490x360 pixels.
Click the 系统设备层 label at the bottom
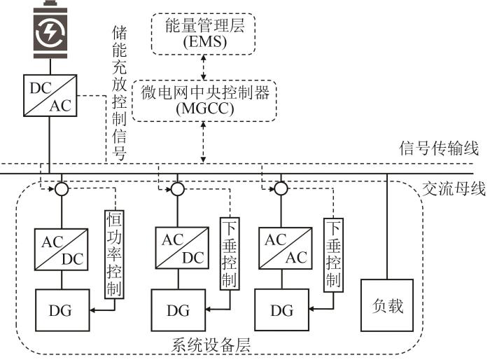(211, 345)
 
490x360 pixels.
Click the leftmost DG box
(62, 309)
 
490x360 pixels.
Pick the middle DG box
(178, 309)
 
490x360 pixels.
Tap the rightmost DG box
(281, 308)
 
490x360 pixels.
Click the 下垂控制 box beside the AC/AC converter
(332, 254)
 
